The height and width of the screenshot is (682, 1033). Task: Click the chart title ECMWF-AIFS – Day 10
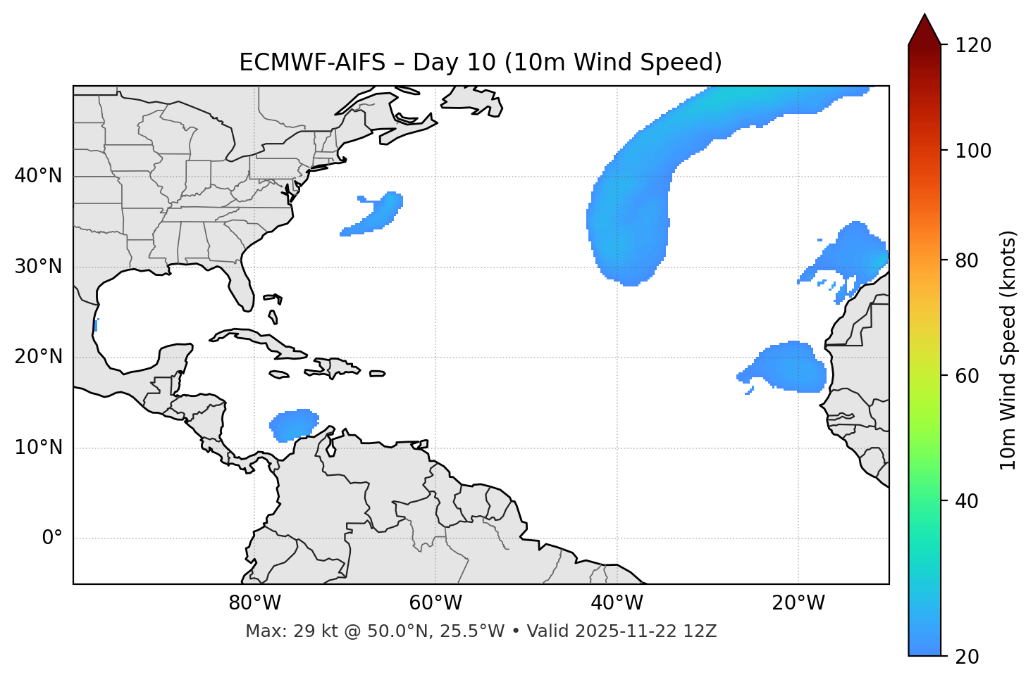coord(481,63)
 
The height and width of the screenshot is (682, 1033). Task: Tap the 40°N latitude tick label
coord(38,176)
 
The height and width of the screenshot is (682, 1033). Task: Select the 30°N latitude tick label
coord(38,267)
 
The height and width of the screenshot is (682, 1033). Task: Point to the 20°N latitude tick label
coord(38,357)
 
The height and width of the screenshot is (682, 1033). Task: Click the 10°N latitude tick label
coord(38,448)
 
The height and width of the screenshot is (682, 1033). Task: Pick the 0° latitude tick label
coord(52,538)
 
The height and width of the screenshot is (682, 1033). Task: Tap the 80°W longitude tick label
coord(254,603)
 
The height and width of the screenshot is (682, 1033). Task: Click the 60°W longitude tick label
coord(435,603)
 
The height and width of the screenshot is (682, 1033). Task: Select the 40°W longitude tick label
coord(617,603)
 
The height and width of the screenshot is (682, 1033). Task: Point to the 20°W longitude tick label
coord(798,603)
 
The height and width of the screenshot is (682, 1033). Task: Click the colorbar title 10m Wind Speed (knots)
coord(1008,350)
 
